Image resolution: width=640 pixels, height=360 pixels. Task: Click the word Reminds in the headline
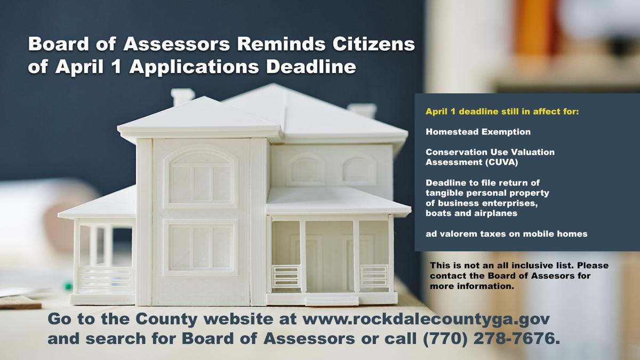[282, 44]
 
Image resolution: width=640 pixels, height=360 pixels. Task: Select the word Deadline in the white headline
[311, 67]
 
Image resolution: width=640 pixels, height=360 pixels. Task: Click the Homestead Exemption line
[478, 132]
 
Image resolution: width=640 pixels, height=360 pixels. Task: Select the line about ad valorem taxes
[506, 234]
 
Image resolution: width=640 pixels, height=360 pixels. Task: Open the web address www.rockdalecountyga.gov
[426, 319]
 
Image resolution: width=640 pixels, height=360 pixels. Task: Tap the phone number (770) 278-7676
[491, 339]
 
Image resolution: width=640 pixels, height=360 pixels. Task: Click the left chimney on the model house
[183, 97]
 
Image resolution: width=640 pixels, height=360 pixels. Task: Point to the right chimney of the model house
[362, 110]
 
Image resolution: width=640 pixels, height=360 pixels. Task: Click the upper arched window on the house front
[201, 178]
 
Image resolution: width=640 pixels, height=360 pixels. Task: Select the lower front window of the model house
[201, 247]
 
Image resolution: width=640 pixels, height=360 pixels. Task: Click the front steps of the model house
[331, 301]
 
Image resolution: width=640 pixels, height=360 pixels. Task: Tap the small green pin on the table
[68, 286]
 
